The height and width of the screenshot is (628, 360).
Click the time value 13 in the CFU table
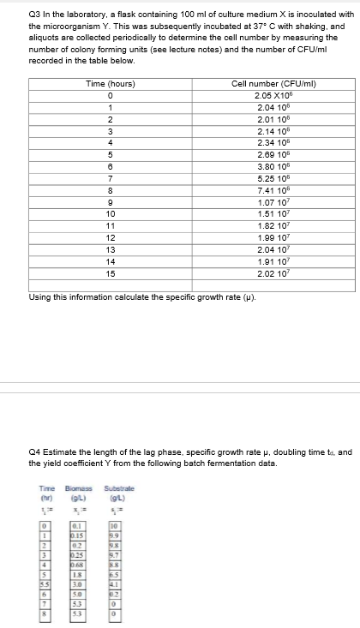click(111, 248)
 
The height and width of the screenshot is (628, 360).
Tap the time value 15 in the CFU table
click(111, 272)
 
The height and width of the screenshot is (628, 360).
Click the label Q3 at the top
click(35, 15)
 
